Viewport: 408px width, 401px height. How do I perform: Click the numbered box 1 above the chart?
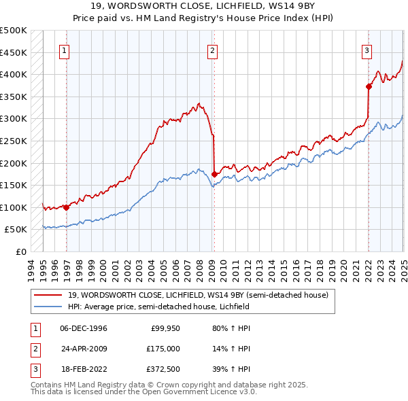point(64,49)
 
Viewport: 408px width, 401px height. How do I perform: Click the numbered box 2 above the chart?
point(212,49)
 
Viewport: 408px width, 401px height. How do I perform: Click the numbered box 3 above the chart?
point(367,49)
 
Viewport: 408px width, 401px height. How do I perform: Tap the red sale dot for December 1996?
point(66,207)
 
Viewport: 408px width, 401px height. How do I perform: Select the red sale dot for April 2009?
point(214,174)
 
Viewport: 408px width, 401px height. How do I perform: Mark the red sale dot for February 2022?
point(369,86)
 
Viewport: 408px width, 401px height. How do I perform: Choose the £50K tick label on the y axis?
point(16,230)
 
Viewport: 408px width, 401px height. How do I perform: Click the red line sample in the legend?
point(49,295)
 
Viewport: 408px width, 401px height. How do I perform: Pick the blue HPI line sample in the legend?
point(49,307)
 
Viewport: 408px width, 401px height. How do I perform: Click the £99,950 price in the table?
point(165,328)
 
